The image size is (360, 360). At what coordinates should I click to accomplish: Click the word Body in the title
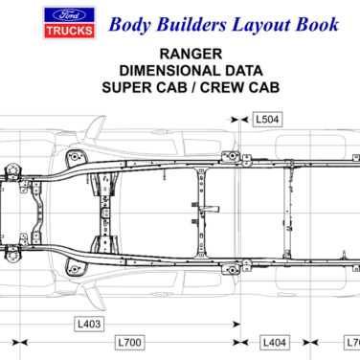point(129,24)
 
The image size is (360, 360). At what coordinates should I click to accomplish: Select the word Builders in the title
point(190,24)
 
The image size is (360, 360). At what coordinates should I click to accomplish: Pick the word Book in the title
point(317,24)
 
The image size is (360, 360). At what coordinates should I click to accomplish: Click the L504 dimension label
point(267,120)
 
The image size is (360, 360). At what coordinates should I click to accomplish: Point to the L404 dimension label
point(275,342)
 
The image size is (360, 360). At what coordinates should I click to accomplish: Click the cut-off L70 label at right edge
point(351,342)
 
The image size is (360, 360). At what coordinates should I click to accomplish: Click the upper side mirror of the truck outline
point(100,124)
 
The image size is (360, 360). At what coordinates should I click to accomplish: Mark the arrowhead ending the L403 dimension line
point(236,325)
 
